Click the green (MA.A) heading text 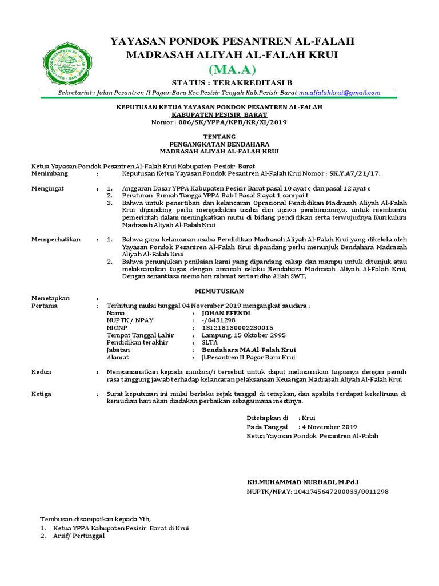[x=232, y=70]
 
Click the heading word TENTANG [x=219, y=137]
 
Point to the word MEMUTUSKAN [x=219, y=291]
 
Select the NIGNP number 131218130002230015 [x=237, y=327]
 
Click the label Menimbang [x=50, y=173]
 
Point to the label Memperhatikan [x=56, y=239]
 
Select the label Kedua [x=41, y=372]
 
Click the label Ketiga [x=42, y=394]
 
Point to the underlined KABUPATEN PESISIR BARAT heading [x=219, y=114]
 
